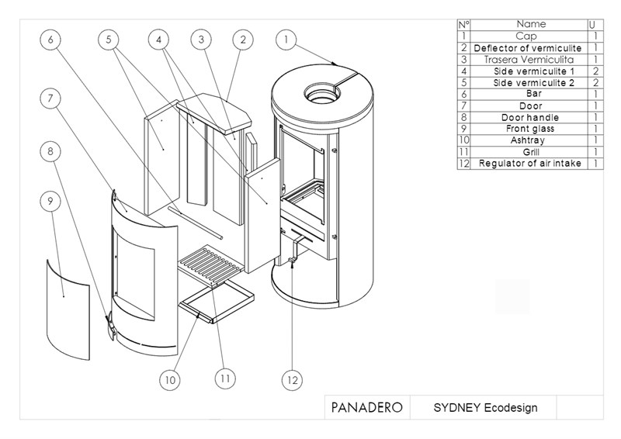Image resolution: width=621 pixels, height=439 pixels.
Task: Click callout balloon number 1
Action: pyautogui.click(x=286, y=38)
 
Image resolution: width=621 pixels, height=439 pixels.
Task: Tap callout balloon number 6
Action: pyautogui.click(x=49, y=38)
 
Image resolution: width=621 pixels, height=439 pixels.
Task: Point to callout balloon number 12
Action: pyautogui.click(x=291, y=380)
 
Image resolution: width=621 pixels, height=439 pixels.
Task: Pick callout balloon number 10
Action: pyautogui.click(x=170, y=380)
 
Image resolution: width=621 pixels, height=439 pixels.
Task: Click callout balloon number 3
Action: pyautogui.click(x=201, y=38)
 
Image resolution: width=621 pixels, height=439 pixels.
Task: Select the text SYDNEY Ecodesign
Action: pyautogui.click(x=484, y=407)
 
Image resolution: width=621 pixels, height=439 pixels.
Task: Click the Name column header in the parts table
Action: pyautogui.click(x=531, y=25)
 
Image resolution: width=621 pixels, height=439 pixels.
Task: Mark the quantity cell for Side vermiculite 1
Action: pyautogui.click(x=595, y=71)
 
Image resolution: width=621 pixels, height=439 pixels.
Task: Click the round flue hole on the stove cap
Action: pyautogui.click(x=319, y=91)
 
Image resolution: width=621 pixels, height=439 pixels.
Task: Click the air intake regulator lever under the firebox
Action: pyautogui.click(x=293, y=255)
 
